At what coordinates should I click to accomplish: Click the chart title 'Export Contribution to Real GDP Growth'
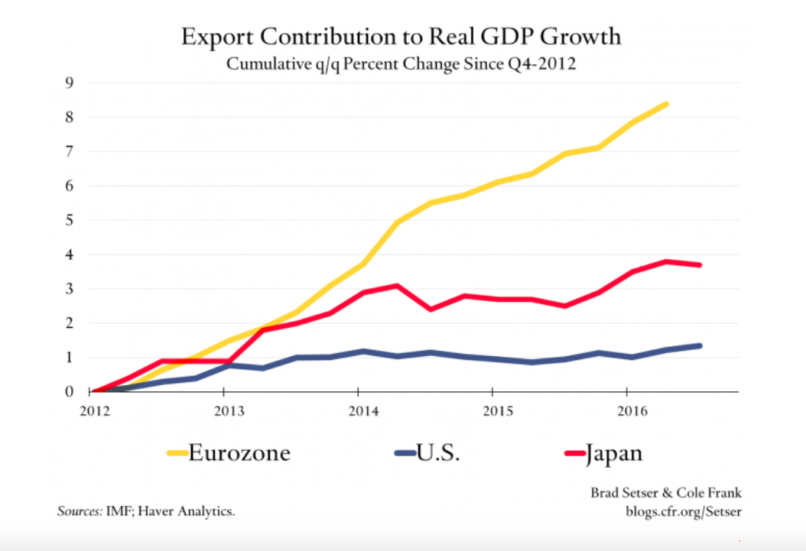click(401, 37)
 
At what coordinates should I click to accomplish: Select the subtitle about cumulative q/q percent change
click(401, 64)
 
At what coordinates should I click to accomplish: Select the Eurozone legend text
click(239, 453)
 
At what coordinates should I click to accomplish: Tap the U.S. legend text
click(438, 453)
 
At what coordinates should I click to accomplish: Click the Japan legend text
click(615, 453)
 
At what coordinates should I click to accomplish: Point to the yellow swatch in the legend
click(177, 454)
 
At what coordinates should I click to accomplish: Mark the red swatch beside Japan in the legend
click(574, 454)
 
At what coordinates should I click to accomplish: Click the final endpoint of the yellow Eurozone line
click(667, 104)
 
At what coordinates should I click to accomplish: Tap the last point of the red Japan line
click(700, 265)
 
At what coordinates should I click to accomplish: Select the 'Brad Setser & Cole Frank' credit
click(665, 494)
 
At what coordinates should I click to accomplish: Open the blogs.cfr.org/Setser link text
click(683, 511)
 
